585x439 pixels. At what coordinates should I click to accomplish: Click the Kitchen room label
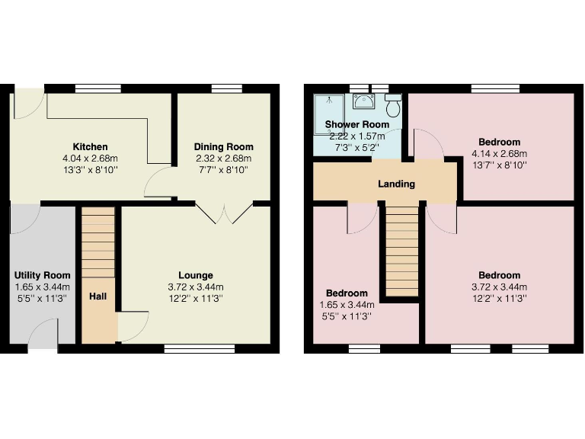90,146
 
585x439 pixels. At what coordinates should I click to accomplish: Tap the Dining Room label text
223,146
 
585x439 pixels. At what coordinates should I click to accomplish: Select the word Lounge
196,275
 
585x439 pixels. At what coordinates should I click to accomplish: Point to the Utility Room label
43,275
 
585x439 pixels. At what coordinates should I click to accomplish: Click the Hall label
97,296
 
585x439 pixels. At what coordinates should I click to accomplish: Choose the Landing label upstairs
396,184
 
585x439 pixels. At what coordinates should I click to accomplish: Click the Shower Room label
356,124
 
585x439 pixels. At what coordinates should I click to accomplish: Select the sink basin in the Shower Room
365,102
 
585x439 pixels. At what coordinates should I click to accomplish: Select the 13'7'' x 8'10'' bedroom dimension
499,164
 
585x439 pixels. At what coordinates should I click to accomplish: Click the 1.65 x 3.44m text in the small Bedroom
347,305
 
